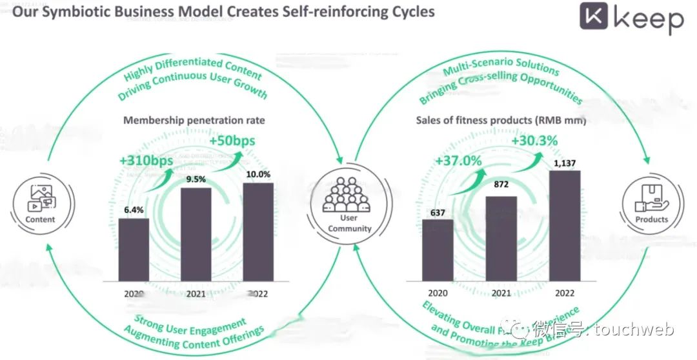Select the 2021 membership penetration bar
pyautogui.click(x=196, y=235)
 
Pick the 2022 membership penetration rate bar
pyautogui.click(x=258, y=232)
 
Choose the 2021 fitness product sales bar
pyautogui.click(x=501, y=239)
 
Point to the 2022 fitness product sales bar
pyautogui.click(x=565, y=226)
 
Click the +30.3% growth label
pyautogui.click(x=535, y=141)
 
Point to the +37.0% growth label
pyautogui.click(x=458, y=161)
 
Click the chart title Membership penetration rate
pyautogui.click(x=194, y=120)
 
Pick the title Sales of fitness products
pyautogui.click(x=500, y=120)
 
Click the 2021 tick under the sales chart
pyautogui.click(x=501, y=292)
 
